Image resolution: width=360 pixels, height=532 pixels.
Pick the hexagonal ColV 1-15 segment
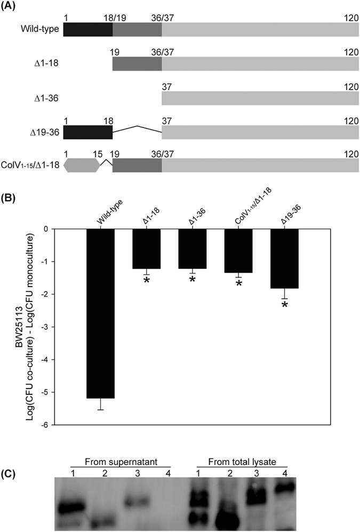click(x=82, y=165)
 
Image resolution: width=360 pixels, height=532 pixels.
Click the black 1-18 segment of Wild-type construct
click(x=87, y=29)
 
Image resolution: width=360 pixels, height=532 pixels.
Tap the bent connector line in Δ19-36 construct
click(x=137, y=129)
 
